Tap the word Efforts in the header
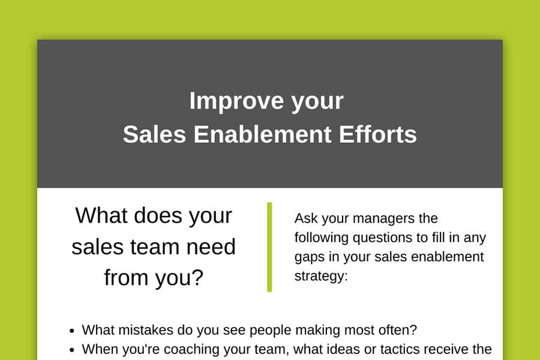tap(378, 134)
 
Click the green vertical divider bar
tap(269, 247)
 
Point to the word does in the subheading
tap(158, 215)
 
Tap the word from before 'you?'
tap(126, 278)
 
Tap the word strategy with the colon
tap(321, 277)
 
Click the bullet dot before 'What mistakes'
tap(71, 331)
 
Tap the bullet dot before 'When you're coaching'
tap(71, 350)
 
